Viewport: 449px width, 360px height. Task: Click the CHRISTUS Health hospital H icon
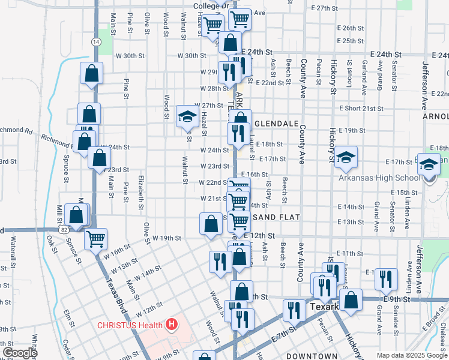[x=172, y=326]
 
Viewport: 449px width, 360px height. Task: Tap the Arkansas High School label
[x=383, y=178]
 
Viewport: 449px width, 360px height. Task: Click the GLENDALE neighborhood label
[x=276, y=123]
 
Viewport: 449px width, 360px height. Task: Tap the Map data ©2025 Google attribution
[x=412, y=355]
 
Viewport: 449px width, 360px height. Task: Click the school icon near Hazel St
[x=187, y=116]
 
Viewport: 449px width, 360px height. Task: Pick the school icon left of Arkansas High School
[x=346, y=157]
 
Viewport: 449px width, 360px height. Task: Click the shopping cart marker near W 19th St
[x=95, y=239]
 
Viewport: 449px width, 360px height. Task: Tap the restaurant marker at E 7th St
[x=294, y=310]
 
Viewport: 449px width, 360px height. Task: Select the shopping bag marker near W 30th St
[x=92, y=74]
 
